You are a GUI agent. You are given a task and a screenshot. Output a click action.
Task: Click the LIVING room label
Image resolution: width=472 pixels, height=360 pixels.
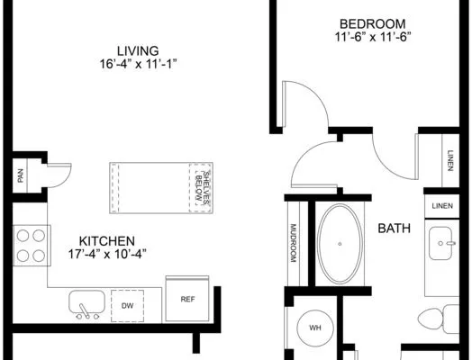click(x=138, y=50)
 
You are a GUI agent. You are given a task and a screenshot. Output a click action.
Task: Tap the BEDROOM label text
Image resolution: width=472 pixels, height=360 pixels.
click(x=373, y=24)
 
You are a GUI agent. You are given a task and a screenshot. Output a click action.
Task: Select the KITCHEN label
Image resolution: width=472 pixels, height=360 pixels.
click(x=107, y=241)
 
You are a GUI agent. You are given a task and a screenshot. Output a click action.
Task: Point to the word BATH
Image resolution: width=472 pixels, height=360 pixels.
click(x=394, y=229)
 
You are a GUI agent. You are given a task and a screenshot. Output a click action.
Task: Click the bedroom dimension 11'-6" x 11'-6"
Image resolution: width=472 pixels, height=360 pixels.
click(x=373, y=37)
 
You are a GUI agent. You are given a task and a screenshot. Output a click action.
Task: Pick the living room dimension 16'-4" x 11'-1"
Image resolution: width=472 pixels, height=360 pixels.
click(x=138, y=64)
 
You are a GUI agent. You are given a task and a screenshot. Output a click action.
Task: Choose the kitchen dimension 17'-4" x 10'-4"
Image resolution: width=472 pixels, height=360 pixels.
click(x=107, y=255)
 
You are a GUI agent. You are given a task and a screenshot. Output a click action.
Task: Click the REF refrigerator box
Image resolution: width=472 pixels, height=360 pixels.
click(x=187, y=299)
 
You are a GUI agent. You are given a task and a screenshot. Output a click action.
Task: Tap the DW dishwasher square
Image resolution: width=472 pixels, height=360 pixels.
click(x=127, y=306)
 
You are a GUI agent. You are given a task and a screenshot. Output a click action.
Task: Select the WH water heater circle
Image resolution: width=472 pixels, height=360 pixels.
click(x=315, y=328)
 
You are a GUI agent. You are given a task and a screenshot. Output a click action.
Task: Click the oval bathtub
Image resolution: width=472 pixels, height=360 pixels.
click(x=340, y=244)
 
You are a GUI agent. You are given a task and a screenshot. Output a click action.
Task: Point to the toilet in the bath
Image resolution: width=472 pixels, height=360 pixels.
click(x=439, y=319)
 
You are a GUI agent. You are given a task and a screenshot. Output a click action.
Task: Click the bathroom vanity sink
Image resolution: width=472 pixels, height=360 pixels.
click(x=441, y=243)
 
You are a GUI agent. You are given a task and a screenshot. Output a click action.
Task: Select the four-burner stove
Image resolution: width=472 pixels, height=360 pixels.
click(x=32, y=246)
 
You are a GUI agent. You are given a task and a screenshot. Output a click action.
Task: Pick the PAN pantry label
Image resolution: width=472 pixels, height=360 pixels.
click(x=20, y=175)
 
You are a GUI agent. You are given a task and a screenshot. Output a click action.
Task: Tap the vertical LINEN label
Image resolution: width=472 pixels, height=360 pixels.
click(x=450, y=160)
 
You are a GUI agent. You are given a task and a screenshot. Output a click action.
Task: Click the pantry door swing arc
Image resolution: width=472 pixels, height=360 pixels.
click(x=66, y=180)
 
